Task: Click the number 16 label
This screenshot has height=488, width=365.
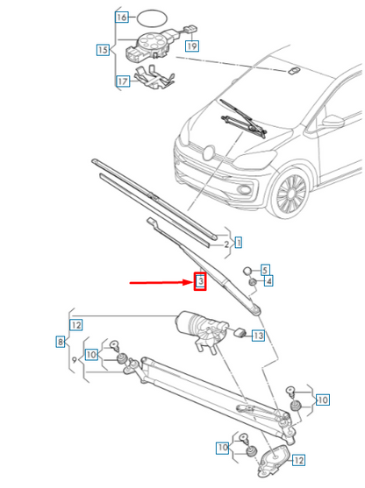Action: coord(122,18)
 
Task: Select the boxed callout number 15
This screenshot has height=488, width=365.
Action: coord(104,51)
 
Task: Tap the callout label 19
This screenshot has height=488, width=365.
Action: coord(191,45)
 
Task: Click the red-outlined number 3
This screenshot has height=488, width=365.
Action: coord(199,282)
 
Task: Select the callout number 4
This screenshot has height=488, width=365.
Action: coord(268,281)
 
